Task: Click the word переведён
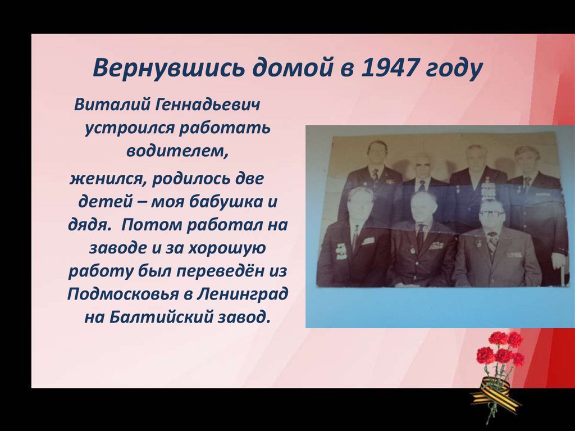click(220, 270)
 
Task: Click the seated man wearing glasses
click(494, 244)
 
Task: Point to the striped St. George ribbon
click(494, 393)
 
